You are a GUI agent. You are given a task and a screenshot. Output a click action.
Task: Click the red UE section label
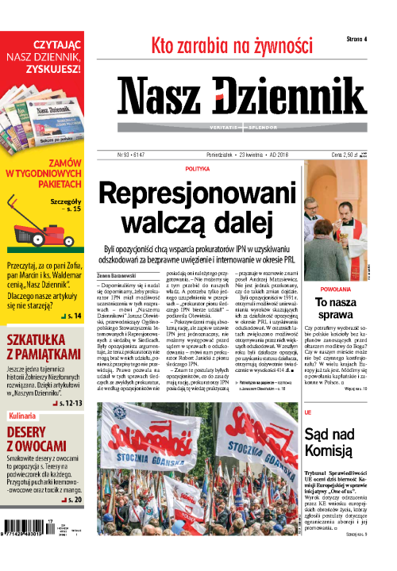coord(308,413)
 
